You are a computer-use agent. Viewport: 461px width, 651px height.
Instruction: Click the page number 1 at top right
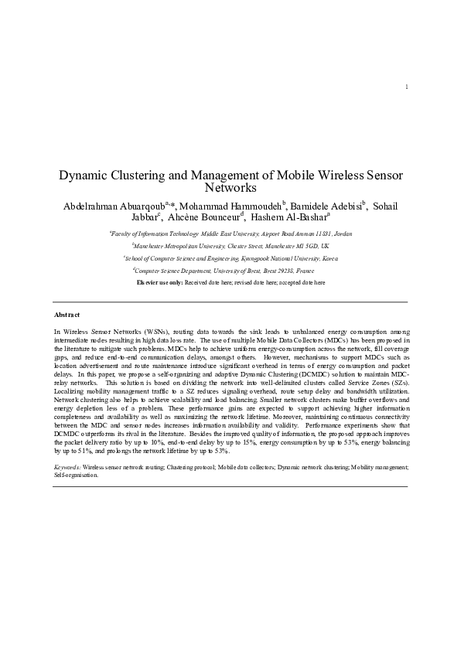[406, 107]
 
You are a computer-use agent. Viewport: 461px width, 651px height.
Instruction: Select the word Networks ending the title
[230, 188]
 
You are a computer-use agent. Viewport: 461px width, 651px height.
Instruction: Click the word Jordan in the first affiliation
[341, 232]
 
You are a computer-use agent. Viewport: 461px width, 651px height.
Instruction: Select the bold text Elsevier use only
[159, 284]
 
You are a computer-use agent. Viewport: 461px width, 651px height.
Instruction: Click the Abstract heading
[67, 315]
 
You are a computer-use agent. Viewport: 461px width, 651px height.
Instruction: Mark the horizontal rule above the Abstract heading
[230, 302]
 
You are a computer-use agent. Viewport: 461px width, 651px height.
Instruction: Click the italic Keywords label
[67, 469]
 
